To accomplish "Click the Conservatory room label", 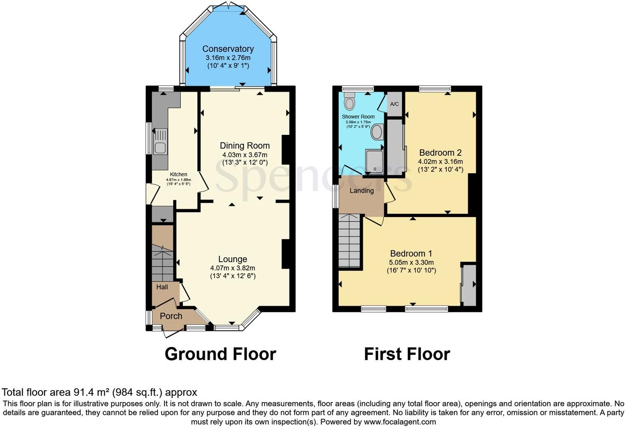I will [x=228, y=49].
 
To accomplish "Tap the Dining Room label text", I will [x=245, y=145].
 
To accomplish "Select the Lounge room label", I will [x=233, y=259].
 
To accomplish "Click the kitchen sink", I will [x=160, y=142].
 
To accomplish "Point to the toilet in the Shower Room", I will [x=350, y=100].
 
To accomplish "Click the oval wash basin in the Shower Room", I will [x=377, y=132].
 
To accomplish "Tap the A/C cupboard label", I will [x=394, y=104].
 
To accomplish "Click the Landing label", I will [x=361, y=190].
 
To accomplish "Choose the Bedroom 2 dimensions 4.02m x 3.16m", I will [x=440, y=162].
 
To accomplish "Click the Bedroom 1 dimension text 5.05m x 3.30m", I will [x=411, y=263].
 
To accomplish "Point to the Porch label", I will [x=171, y=316].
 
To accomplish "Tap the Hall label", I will [x=162, y=287].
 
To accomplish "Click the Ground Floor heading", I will [x=220, y=354].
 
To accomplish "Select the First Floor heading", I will [x=407, y=354].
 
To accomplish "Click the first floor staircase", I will [x=350, y=241].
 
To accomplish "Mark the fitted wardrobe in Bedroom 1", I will [x=469, y=285].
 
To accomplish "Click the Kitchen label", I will [x=179, y=174].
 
